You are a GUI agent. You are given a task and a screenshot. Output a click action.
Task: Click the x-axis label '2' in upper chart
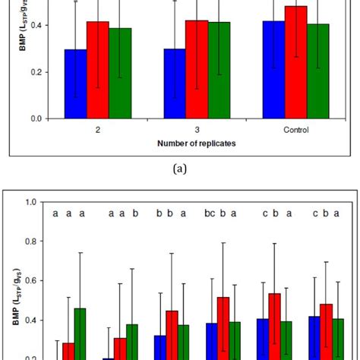click(97, 130)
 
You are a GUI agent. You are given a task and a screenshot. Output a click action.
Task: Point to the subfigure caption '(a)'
click(179, 172)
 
